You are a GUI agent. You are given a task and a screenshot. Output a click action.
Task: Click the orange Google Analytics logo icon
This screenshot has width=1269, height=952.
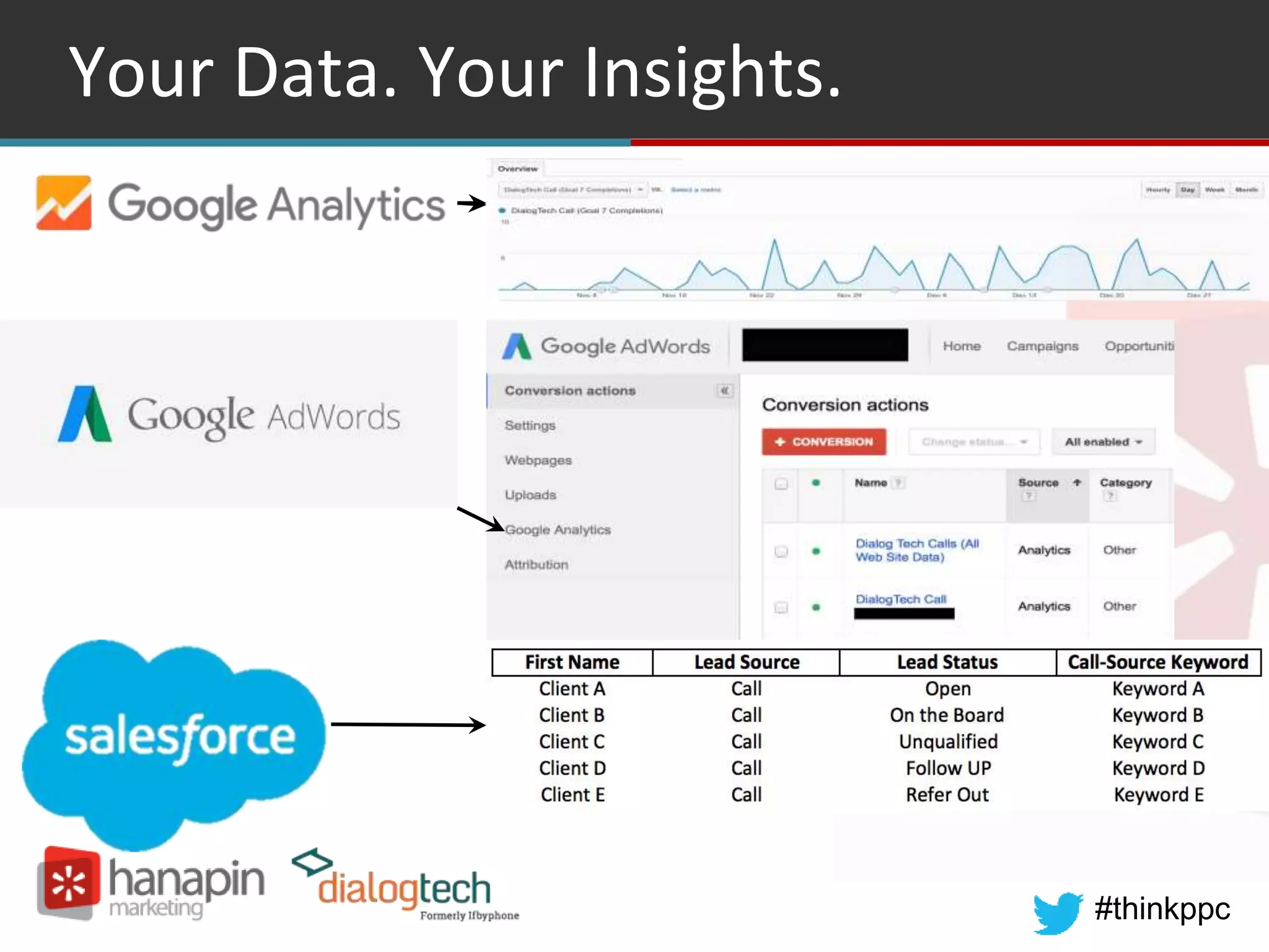pos(64,203)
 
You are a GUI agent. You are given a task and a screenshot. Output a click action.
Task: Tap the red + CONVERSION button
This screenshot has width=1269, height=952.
pos(823,442)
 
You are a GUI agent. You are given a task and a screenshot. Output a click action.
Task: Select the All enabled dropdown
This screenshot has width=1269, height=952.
pos(1103,442)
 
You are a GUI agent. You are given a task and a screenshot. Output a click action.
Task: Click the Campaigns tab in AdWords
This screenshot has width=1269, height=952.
pos(1042,346)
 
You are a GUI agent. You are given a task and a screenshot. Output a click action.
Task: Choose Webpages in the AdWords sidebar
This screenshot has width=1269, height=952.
pos(538,460)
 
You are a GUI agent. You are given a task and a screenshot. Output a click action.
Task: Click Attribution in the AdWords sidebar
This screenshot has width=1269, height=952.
pos(536,565)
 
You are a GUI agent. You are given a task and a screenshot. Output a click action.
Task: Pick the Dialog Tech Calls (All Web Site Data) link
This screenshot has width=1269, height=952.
pos(917,550)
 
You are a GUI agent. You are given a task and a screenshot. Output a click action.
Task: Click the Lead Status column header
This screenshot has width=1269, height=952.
pos(947,662)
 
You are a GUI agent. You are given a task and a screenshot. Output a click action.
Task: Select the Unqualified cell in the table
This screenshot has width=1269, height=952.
pos(948,741)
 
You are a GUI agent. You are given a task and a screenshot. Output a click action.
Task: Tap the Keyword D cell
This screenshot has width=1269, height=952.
pos(1158,768)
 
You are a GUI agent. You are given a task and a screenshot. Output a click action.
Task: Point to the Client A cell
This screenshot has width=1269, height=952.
pos(572,689)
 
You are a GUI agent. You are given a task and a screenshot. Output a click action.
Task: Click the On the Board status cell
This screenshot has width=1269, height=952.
pos(947,715)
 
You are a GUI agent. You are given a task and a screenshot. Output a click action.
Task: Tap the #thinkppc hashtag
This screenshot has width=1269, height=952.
pos(1162,909)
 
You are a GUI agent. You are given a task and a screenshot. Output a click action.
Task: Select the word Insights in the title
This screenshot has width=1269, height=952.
pos(713,73)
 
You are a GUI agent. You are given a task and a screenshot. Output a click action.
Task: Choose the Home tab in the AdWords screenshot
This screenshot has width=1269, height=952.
pos(962,346)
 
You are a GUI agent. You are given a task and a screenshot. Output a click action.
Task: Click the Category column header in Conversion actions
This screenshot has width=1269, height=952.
pos(1125,483)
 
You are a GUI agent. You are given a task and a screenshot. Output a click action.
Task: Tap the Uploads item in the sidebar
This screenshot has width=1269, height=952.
pos(530,495)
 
